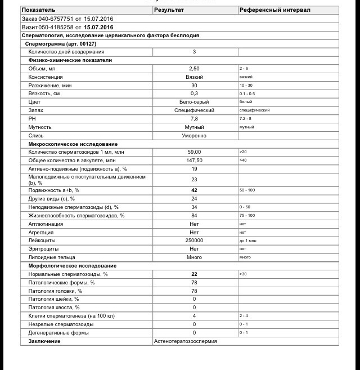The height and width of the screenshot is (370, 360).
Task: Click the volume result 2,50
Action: coord(194,68)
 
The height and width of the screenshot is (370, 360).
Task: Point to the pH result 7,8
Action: coord(194,119)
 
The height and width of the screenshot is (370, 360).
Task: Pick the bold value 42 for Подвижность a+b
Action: coord(194,190)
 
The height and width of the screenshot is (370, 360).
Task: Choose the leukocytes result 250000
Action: coord(194,240)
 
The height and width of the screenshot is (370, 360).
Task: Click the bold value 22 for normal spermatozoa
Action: coord(194,274)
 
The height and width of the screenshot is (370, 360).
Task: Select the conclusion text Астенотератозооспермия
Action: coord(186,341)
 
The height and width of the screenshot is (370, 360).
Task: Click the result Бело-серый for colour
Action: coord(194,102)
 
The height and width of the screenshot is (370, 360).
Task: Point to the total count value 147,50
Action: coord(194,161)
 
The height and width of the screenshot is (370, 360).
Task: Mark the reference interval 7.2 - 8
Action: coord(246,119)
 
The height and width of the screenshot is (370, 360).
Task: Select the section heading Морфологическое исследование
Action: coord(73,265)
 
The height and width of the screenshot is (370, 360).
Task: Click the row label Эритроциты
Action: coord(43,248)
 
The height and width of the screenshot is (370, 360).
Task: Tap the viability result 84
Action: coord(194,215)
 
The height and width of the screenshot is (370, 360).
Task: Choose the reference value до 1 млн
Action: coord(247,240)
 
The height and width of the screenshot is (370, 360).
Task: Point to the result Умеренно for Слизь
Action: coord(194,136)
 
